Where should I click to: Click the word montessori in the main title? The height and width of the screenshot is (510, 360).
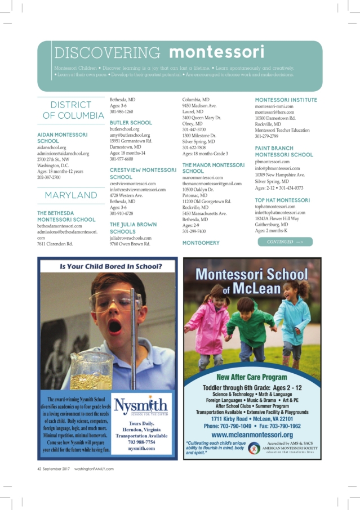coord(217,52)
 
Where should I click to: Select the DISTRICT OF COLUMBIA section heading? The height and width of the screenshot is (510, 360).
coord(70,110)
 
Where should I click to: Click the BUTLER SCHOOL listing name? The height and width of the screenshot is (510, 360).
coord(131,122)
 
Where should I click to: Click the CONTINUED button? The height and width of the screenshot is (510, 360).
coord(285,242)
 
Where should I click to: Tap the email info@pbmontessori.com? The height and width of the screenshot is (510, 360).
coord(277,168)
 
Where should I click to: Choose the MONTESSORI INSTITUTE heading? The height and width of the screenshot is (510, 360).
coord(286,100)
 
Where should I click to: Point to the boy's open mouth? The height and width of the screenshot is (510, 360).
coord(113,325)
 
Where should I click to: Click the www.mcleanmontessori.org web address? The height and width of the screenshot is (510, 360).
coord(252,435)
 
